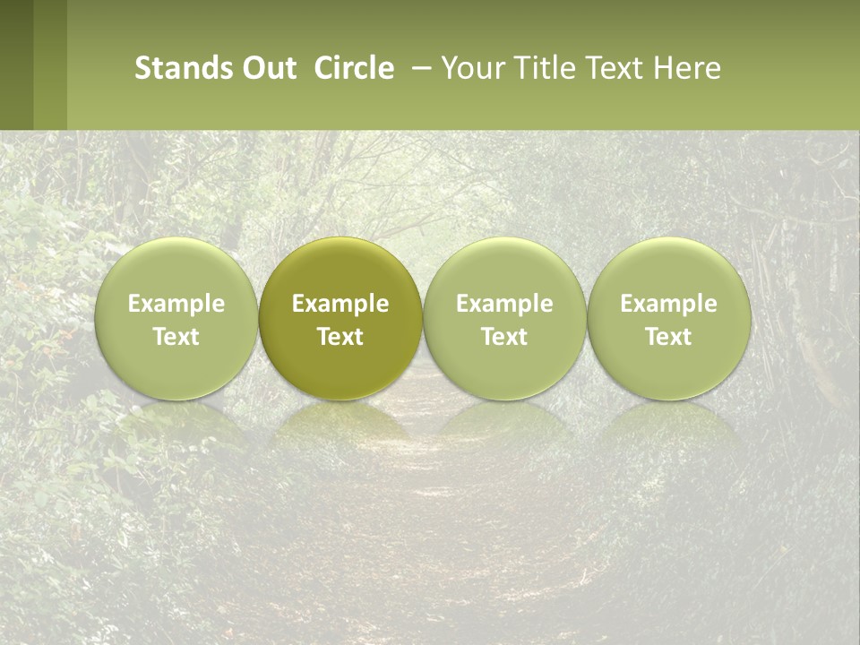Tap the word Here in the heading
pyautogui.click(x=688, y=68)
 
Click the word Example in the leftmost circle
pyautogui.click(x=176, y=304)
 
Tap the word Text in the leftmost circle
pyautogui.click(x=176, y=337)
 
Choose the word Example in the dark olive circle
pyautogui.click(x=340, y=304)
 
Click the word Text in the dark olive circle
pyautogui.click(x=340, y=337)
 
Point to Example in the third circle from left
pyautogui.click(x=504, y=304)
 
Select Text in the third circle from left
pyautogui.click(x=504, y=337)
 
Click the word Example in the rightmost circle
pyautogui.click(x=668, y=304)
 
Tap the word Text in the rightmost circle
pyautogui.click(x=668, y=337)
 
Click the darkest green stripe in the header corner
pyautogui.click(x=16, y=64)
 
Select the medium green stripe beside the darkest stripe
pyautogui.click(x=50, y=64)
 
